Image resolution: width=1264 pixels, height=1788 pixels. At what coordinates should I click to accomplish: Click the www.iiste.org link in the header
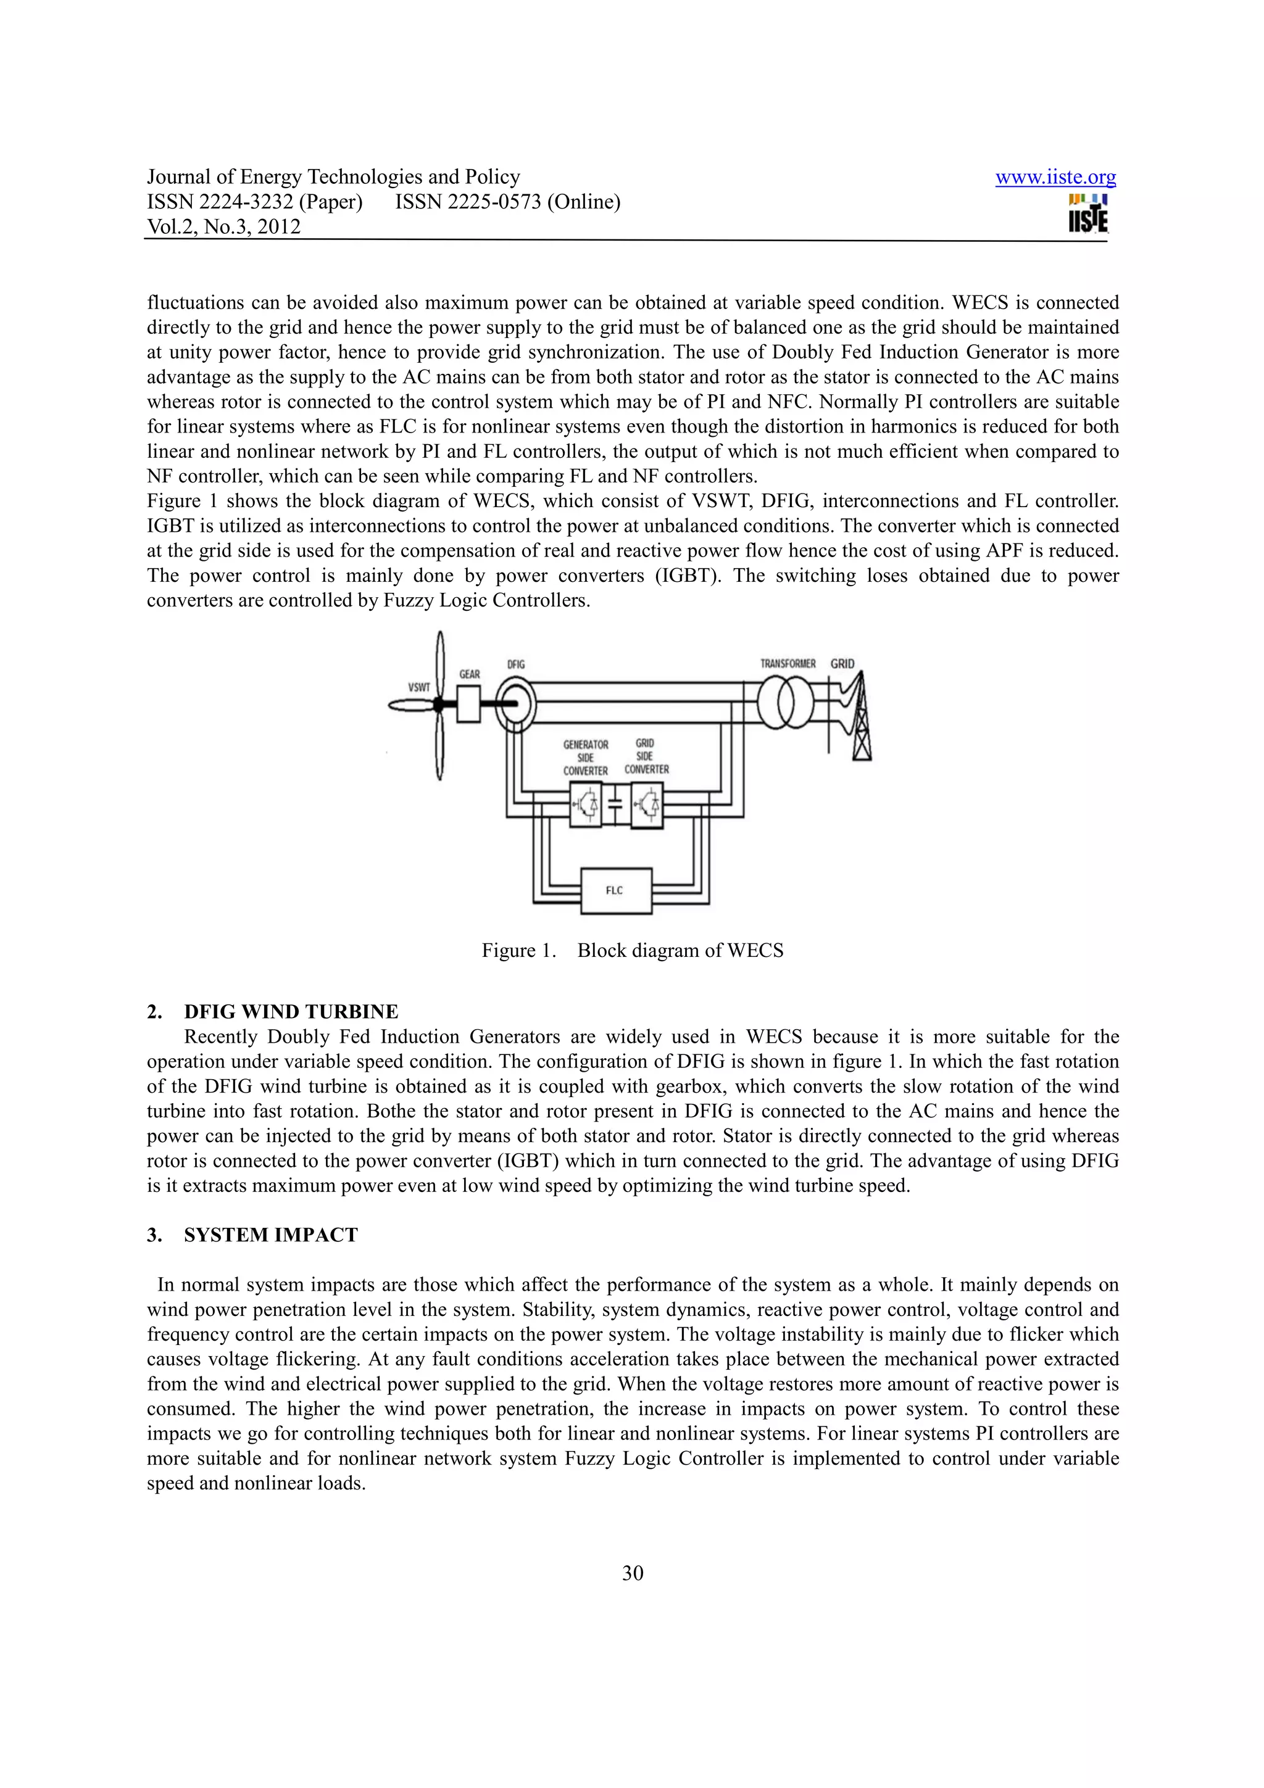point(1055,178)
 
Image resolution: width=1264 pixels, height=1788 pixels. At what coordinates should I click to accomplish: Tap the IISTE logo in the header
point(1088,213)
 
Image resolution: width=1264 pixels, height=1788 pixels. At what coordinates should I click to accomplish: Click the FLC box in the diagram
point(616,890)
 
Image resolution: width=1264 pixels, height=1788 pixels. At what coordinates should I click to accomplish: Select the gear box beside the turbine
point(468,704)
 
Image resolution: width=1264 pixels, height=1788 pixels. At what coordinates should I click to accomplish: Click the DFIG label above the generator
point(515,664)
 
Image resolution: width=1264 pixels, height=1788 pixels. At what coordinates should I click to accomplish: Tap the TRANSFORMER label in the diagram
point(788,663)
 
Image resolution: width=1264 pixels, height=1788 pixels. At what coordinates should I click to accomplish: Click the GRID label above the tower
point(842,663)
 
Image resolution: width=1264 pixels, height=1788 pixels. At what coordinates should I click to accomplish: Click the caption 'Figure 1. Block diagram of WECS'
point(633,950)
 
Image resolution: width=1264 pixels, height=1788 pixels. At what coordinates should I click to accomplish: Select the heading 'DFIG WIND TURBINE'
point(291,1012)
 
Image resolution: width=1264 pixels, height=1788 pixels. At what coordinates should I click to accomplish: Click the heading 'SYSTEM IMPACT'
point(270,1235)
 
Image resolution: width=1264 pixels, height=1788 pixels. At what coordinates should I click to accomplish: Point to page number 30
point(633,1573)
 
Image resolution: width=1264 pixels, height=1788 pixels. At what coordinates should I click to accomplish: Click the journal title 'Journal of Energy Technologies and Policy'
point(333,177)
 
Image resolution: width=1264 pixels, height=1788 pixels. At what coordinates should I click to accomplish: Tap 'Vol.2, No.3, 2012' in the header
point(223,226)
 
